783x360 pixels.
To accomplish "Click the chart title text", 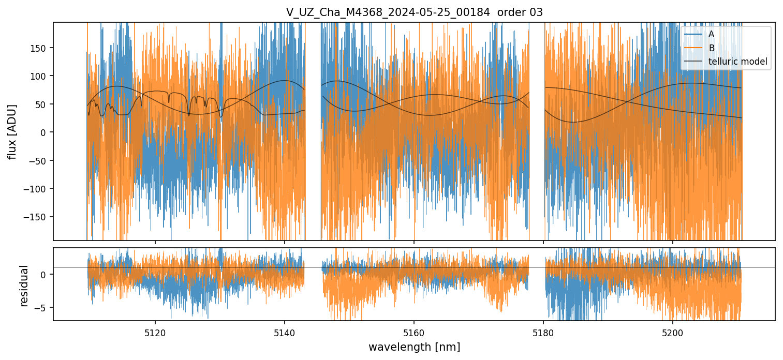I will pyautogui.click(x=414, y=12).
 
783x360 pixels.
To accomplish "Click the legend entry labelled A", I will pyautogui.click(x=711, y=34).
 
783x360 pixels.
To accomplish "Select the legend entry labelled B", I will pyautogui.click(x=711, y=48).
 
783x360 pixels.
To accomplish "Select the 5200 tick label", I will pyautogui.click(x=672, y=333).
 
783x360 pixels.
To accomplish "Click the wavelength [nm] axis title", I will pyautogui.click(x=414, y=347).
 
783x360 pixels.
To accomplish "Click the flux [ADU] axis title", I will pyautogui.click(x=11, y=131).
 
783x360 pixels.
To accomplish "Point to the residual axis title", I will pyautogui.click(x=24, y=286).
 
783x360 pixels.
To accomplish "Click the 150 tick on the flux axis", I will pyautogui.click(x=41, y=48).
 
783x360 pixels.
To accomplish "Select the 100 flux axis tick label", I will pyautogui.click(x=41, y=76).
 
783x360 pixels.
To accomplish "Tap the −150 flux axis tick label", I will pyautogui.click(x=39, y=217).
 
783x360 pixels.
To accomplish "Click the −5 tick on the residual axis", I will pyautogui.click(x=43, y=308).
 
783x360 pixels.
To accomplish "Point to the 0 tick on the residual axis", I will pyautogui.click(x=46, y=274).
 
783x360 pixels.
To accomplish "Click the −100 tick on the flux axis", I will pyautogui.click(x=39, y=188).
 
